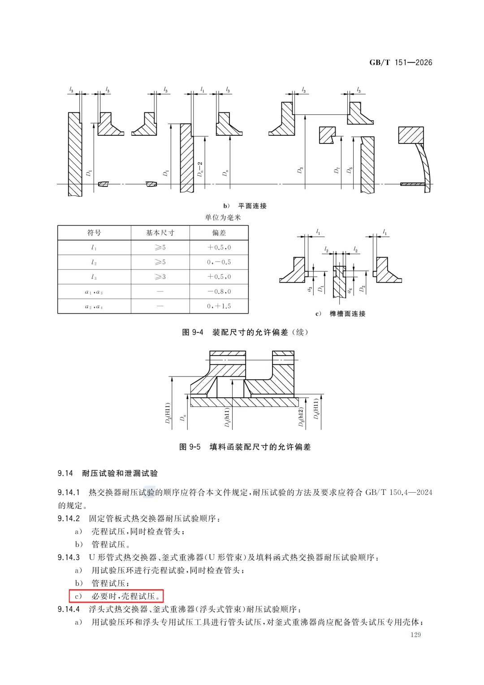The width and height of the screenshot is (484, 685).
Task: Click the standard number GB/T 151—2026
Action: (x=401, y=62)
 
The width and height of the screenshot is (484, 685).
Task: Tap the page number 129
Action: (x=415, y=634)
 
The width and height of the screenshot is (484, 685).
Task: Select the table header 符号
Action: (x=94, y=233)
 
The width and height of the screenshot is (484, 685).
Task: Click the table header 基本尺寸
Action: (x=160, y=233)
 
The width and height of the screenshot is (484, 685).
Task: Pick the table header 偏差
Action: (x=219, y=233)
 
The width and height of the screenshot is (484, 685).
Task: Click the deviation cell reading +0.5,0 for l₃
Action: (x=219, y=277)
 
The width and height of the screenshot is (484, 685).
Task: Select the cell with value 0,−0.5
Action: (x=219, y=262)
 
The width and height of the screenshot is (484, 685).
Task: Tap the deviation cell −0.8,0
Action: (x=219, y=291)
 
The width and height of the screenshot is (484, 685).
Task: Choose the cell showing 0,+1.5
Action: (x=219, y=306)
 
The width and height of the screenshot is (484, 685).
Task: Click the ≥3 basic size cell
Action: (x=160, y=277)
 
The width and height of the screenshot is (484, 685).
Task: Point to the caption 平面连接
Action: (x=252, y=206)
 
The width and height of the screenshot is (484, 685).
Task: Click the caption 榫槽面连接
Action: (x=347, y=314)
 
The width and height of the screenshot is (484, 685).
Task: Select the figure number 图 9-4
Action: (x=193, y=332)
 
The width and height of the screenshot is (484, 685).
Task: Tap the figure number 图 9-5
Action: (x=190, y=447)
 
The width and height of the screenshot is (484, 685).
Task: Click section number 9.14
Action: (x=65, y=473)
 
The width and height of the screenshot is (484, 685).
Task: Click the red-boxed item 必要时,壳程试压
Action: (x=117, y=596)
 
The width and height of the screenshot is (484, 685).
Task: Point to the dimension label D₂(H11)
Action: (x=168, y=413)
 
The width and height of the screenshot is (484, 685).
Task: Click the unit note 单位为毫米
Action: (x=223, y=217)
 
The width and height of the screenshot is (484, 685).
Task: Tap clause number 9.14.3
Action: (x=69, y=557)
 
